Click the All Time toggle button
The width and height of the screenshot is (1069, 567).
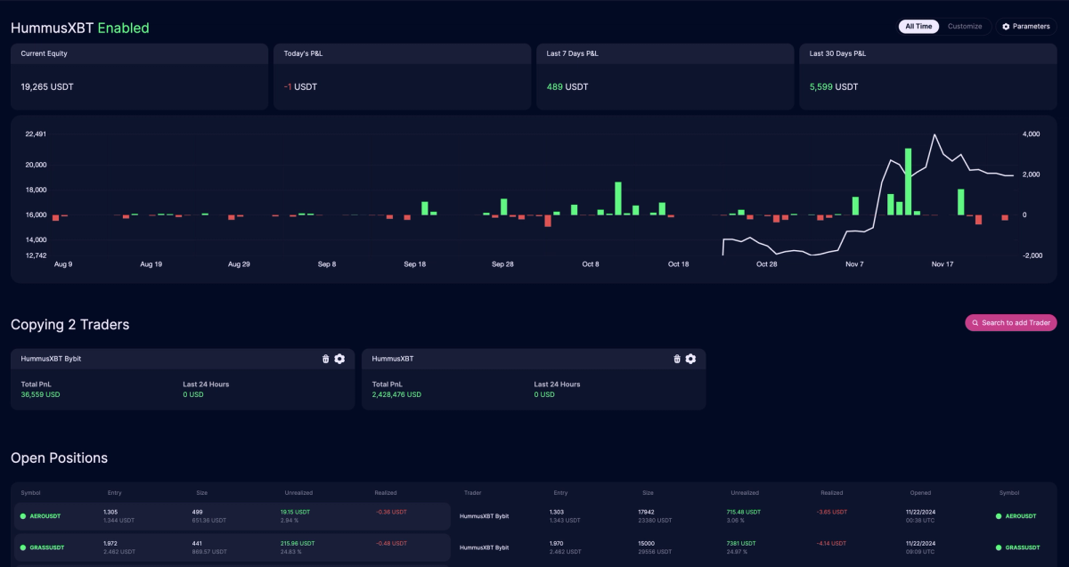[918, 27]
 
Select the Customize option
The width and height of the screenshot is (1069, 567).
[965, 27]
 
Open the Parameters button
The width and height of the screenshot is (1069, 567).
[1026, 27]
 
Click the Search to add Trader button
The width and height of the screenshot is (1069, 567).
[1011, 323]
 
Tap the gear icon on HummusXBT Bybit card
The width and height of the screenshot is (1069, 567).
[339, 359]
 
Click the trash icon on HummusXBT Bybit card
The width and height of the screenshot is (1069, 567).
[325, 359]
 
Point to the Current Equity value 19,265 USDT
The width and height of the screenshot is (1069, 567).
[47, 87]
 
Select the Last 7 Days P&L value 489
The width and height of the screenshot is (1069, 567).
[555, 87]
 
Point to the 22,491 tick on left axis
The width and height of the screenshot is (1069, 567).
[36, 134]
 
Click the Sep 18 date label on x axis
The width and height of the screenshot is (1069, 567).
[415, 264]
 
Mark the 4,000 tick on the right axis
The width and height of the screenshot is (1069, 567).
[1032, 134]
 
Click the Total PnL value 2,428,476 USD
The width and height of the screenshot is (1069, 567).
[396, 394]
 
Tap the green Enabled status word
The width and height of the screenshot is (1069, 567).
[123, 28]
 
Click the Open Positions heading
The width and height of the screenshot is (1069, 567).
[59, 458]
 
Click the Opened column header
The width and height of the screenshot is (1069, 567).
[920, 492]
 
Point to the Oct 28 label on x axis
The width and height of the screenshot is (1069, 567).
[766, 264]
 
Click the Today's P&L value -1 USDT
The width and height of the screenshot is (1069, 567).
[300, 87]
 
